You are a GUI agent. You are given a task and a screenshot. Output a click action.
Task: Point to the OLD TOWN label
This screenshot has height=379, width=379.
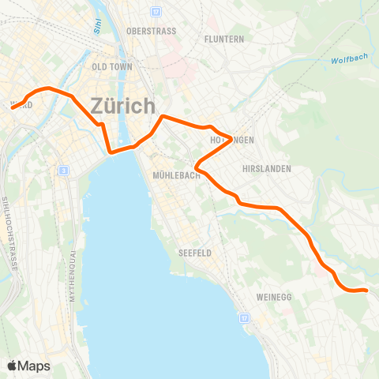[112, 67]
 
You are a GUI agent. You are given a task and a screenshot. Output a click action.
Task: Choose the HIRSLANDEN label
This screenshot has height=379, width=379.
[268, 169]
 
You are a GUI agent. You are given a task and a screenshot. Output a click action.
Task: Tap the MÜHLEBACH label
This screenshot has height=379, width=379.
[177, 175]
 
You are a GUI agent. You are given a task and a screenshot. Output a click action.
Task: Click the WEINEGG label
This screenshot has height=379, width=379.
[275, 297]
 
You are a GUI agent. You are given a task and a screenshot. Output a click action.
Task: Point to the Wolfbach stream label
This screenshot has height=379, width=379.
[347, 60]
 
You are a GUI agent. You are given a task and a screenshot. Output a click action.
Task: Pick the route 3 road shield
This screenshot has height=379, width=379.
[62, 171]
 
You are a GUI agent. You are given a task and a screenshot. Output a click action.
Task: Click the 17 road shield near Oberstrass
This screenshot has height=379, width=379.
[156, 12]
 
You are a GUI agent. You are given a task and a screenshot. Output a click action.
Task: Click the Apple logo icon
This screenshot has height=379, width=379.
[13, 366]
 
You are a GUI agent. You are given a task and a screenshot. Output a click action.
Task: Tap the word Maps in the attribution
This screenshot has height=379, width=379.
[35, 366]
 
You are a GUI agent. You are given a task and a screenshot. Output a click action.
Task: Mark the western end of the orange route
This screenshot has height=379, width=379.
[13, 107]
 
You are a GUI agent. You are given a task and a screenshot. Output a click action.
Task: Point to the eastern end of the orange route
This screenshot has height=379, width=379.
[366, 291]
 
